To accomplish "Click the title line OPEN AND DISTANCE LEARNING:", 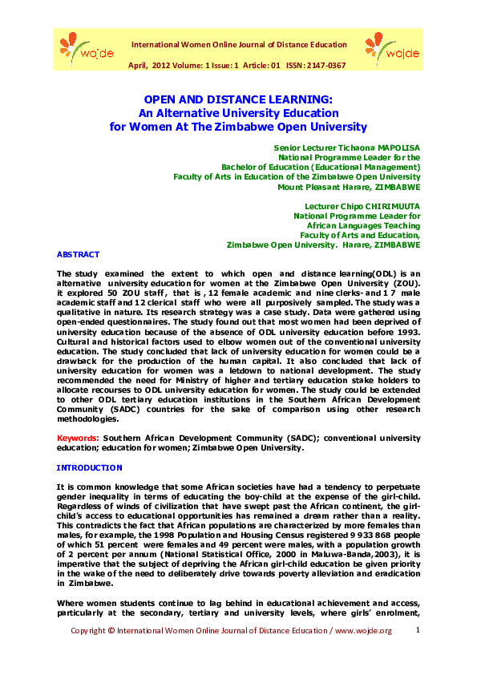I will (x=237, y=99).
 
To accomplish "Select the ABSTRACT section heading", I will (x=78, y=254).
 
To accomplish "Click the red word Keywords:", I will (x=78, y=438).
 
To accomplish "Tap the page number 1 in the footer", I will (x=418, y=631).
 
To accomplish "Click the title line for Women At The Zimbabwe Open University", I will (x=237, y=127).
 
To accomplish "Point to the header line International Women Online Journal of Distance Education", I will (x=239, y=45).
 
